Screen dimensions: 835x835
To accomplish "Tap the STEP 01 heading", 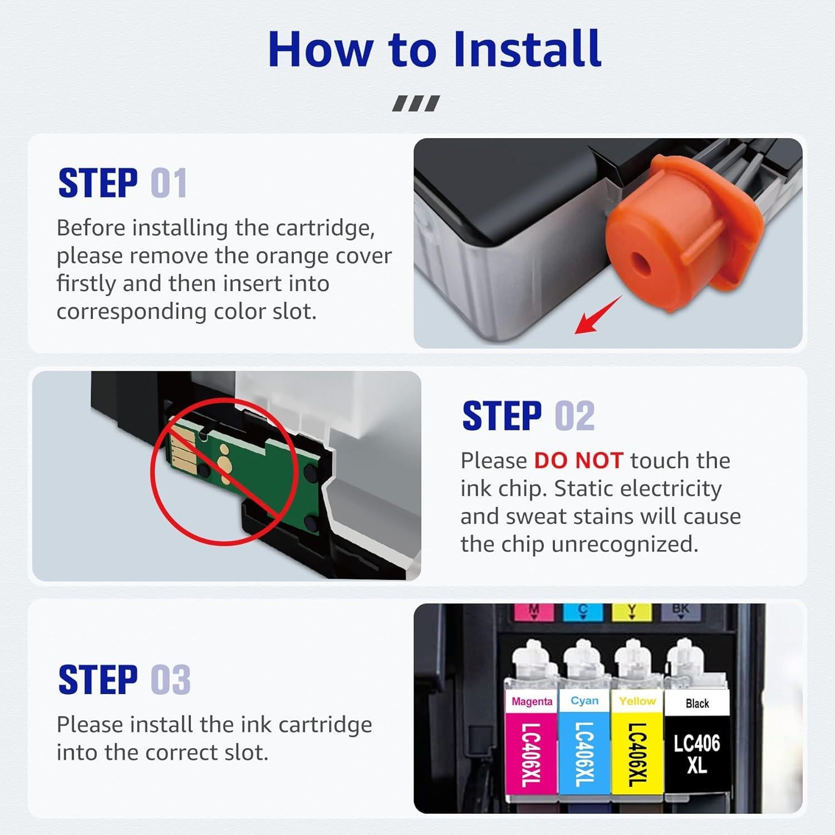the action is tap(122, 183).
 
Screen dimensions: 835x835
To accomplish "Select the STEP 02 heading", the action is tap(528, 416).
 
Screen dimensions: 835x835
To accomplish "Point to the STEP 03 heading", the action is tap(124, 679).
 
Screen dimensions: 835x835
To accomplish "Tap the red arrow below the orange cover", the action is tap(597, 315).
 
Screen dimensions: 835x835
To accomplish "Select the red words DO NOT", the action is tap(578, 460).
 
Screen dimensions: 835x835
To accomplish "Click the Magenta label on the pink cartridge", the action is tap(532, 701).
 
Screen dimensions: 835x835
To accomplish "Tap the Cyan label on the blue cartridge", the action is tap(584, 700).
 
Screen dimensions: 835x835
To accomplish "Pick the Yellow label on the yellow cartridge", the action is tap(637, 701).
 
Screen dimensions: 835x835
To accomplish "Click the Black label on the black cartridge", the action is tap(697, 704).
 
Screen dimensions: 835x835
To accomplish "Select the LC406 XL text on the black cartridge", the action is tap(696, 754).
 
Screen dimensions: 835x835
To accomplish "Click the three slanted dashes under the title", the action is tap(416, 104).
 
